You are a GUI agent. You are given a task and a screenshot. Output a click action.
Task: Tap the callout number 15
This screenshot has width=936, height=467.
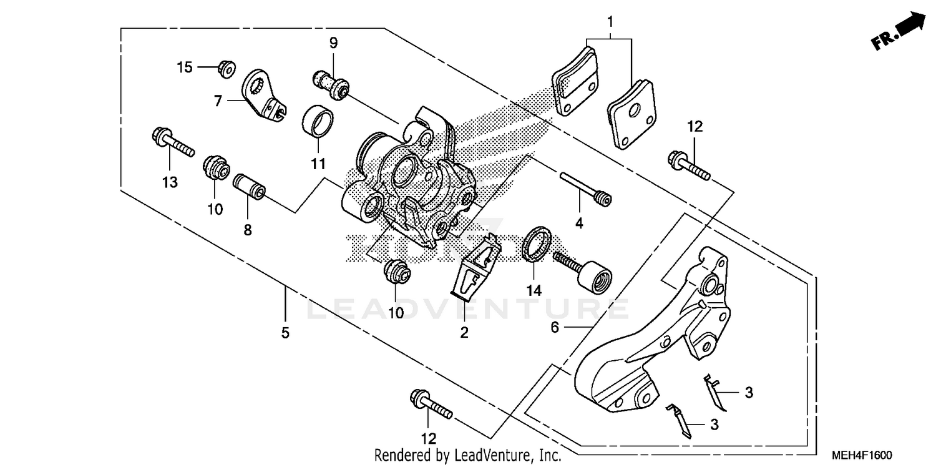pos(185,67)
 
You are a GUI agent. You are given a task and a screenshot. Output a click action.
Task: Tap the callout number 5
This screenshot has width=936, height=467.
pos(285,333)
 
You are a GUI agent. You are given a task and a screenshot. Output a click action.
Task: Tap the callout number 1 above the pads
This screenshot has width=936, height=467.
pos(610,22)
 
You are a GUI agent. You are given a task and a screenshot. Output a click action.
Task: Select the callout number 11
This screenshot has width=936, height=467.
pos(318,164)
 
